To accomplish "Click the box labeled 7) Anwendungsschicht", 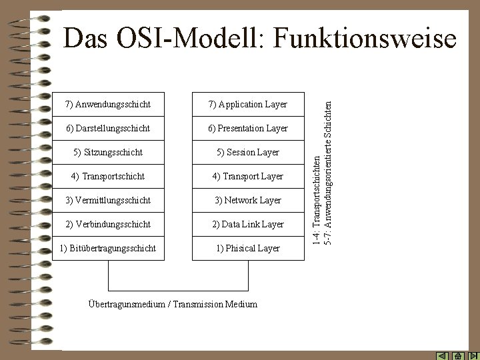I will point(107,105).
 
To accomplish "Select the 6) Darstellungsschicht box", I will point(107,128).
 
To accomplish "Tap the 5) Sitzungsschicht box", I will point(107,153).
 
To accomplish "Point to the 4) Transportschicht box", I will point(107,177).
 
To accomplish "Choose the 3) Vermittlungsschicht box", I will point(107,201).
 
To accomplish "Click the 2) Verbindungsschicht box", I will point(107,225).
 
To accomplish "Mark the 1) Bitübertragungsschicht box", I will point(107,249).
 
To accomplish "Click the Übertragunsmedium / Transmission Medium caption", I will point(173,304).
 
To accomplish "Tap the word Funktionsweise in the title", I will point(367,39).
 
